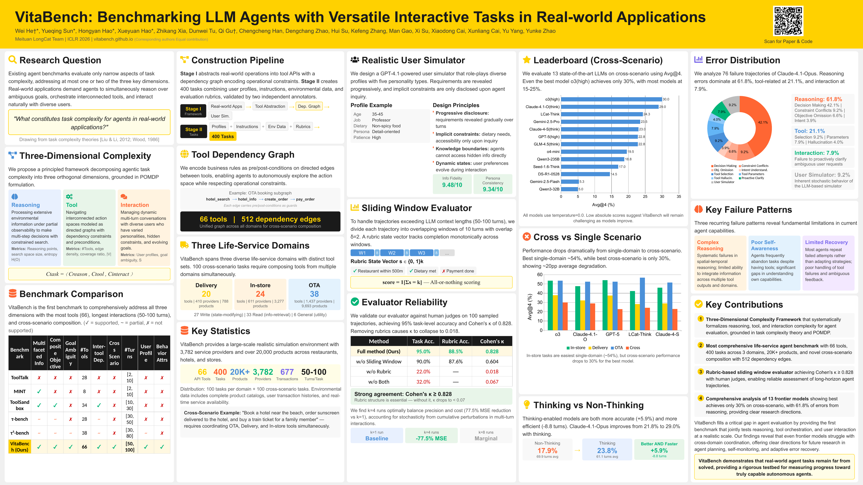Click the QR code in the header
pos(788,21)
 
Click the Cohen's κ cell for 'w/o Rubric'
pos(492,371)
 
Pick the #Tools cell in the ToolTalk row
pos(84,378)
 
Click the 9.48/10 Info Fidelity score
pos(452,185)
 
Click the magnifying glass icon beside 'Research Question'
pos(12,60)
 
